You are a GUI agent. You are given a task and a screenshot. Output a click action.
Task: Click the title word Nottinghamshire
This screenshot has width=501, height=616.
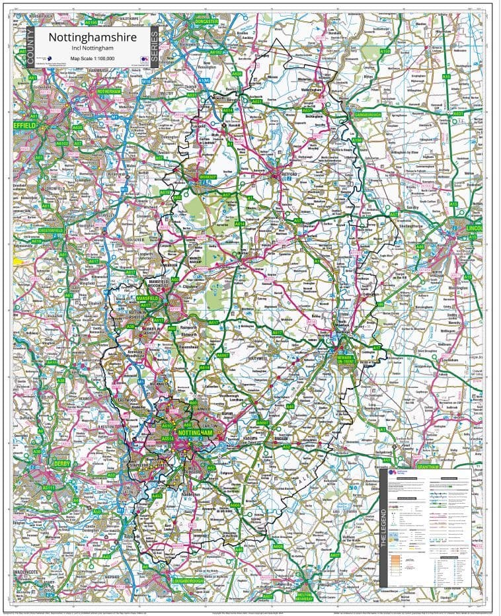click(92, 37)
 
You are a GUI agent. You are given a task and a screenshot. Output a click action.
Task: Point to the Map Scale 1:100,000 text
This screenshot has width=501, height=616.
click(92, 58)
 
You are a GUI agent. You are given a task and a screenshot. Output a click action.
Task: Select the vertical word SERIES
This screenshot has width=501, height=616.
click(155, 48)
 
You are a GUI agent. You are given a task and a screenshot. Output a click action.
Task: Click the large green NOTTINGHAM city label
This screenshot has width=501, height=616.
click(196, 432)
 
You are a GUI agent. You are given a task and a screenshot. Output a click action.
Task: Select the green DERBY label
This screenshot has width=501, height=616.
click(61, 464)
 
